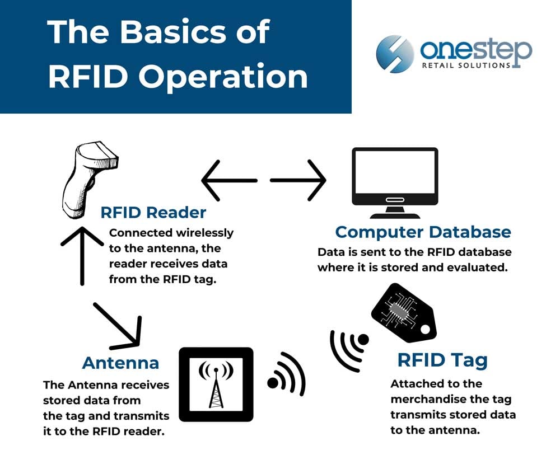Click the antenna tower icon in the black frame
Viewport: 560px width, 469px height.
tap(216, 384)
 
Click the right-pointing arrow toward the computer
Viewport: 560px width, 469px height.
tap(299, 181)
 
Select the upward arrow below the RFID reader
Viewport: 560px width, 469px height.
tap(82, 255)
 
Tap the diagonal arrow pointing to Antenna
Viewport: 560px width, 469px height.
tap(118, 324)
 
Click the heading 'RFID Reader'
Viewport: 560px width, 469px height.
tap(153, 213)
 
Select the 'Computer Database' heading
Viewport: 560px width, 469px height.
tap(423, 232)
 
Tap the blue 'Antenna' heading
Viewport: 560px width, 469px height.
tap(120, 363)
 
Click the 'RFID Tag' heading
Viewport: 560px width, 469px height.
tap(442, 360)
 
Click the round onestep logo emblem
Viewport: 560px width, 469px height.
tap(395, 54)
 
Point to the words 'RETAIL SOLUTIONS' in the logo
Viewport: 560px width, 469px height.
tap(466, 65)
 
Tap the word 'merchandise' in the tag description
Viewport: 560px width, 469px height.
tap(442, 400)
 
